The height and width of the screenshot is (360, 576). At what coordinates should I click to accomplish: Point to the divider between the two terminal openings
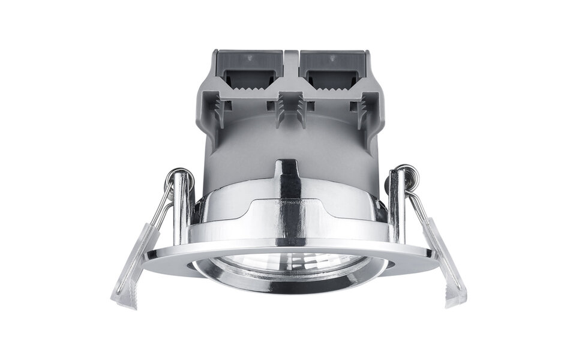point(291,66)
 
